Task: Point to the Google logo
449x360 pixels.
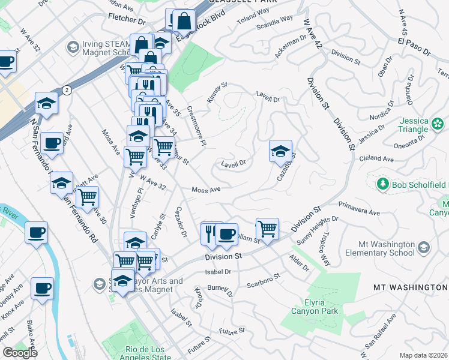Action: coord(20,353)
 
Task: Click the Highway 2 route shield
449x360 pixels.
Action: coord(66,90)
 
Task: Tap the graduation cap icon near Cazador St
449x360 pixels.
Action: coord(280,152)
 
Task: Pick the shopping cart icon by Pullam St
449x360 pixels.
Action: coord(267,228)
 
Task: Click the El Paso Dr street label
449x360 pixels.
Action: coord(414,47)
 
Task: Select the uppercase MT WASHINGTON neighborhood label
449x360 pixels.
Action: coord(411,287)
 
